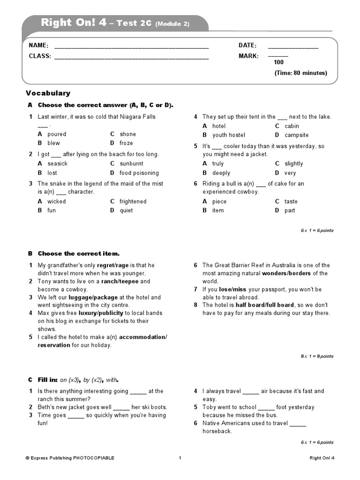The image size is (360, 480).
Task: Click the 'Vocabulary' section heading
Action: click(48, 93)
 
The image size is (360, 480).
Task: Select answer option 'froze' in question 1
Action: click(126, 143)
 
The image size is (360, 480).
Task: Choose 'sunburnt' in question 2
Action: click(131, 164)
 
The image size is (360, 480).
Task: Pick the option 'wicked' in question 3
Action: click(56, 202)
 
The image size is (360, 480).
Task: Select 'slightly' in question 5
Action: click(293, 164)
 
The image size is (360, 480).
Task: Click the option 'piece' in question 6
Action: click(219, 202)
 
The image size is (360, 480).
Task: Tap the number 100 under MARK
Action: click(278, 62)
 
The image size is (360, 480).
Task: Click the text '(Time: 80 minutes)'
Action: click(300, 73)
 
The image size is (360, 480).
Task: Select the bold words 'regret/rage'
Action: click(112, 265)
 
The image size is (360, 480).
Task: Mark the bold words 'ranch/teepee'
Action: click(120, 281)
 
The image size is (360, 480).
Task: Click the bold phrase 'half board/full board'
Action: click(264, 305)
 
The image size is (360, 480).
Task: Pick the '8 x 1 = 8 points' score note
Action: click(317, 356)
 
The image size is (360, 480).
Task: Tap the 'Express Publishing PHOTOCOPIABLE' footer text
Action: click(70, 458)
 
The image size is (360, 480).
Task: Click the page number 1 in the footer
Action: click(180, 458)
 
